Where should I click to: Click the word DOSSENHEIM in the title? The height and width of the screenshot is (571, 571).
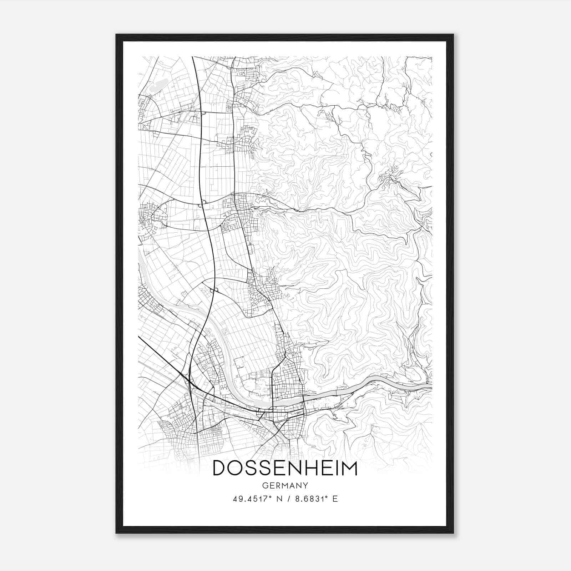pyautogui.click(x=285, y=468)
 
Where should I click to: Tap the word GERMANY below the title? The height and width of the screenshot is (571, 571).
pyautogui.click(x=285, y=485)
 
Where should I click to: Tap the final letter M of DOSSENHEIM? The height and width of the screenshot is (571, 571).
pyautogui.click(x=349, y=468)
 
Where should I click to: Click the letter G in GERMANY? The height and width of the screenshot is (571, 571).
pyautogui.click(x=264, y=485)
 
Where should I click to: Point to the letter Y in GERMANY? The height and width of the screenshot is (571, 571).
pyautogui.click(x=305, y=485)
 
